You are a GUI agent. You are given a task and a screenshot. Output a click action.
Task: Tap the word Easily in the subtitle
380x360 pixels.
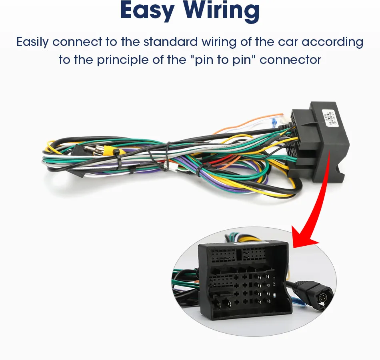32,42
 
